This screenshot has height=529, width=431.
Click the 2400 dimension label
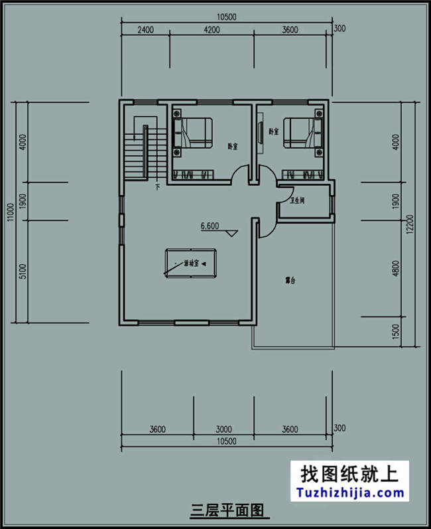click(146, 29)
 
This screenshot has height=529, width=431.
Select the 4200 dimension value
click(212, 29)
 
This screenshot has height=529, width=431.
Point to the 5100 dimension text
click(23, 271)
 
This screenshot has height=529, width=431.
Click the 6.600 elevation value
click(210, 226)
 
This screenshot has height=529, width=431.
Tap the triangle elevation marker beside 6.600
click(231, 234)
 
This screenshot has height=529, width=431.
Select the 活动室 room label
click(191, 264)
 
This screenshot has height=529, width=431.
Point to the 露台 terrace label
click(290, 281)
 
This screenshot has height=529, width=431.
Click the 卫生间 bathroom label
click(297, 200)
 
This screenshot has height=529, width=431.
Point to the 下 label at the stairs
click(157, 188)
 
